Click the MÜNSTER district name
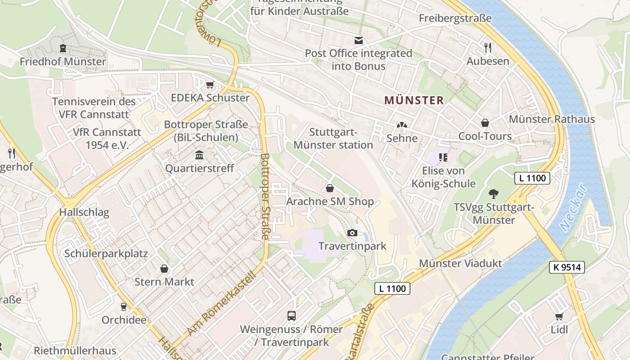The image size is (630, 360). [x=414, y=100]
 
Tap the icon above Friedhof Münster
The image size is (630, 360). [x=63, y=48]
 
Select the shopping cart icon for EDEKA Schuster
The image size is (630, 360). [x=210, y=85]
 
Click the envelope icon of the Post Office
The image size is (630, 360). [x=358, y=40]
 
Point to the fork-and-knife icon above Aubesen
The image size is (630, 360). [x=487, y=47]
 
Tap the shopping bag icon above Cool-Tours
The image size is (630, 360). [x=485, y=123]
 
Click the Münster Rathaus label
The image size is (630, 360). [x=552, y=119]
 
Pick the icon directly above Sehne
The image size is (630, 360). [x=401, y=126]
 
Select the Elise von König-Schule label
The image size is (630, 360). [x=443, y=177]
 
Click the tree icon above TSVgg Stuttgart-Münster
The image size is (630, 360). [x=494, y=194]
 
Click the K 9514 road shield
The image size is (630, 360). [x=567, y=267]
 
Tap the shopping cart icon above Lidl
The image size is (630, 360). [x=559, y=316]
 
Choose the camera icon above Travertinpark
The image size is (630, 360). [x=352, y=233]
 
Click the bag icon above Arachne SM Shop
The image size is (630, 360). [x=330, y=188]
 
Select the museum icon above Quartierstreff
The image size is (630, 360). [x=199, y=155]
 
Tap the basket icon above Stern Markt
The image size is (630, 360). [x=165, y=269]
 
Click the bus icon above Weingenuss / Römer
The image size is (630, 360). [x=292, y=316]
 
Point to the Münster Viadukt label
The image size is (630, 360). [x=460, y=263]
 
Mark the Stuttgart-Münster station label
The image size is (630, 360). [x=333, y=139]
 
